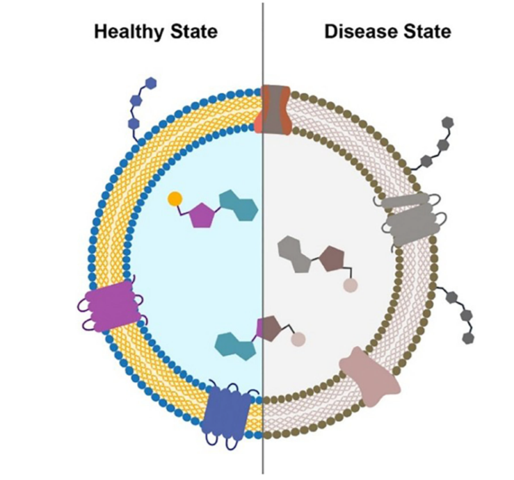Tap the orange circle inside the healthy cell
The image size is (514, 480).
[175, 199]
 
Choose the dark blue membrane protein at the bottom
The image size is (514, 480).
[229, 410]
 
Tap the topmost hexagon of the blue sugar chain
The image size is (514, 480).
[151, 83]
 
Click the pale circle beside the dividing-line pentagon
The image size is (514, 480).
[298, 340]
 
